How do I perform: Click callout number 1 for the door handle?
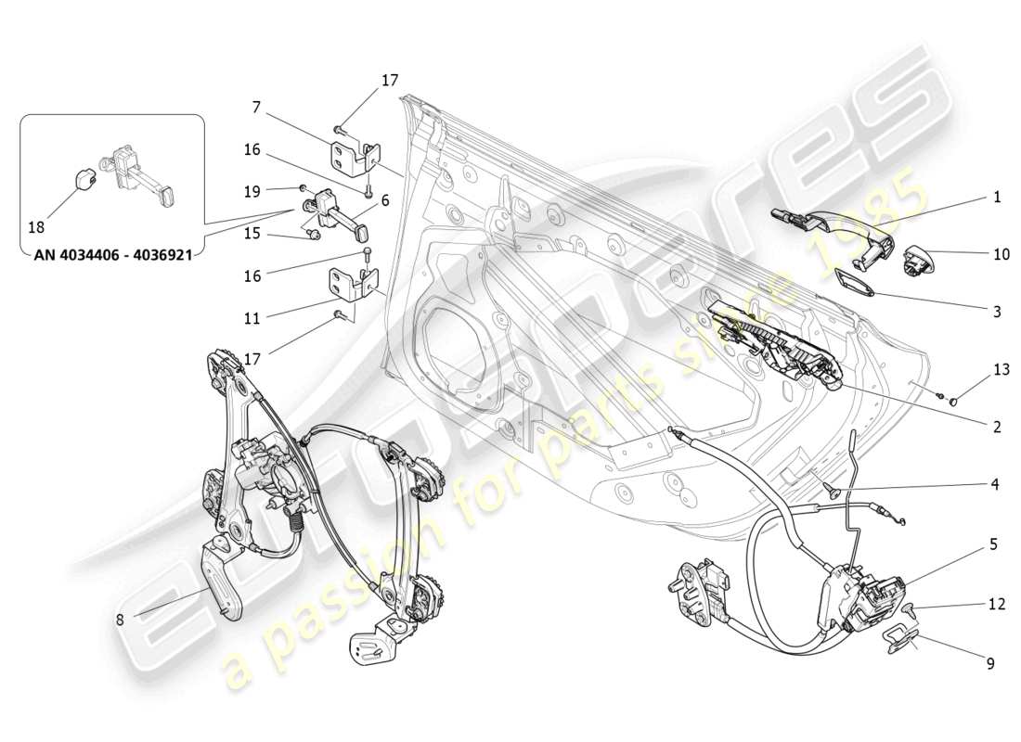[997, 197]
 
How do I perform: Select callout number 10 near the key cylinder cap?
[1001, 253]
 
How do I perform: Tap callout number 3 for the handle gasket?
[997, 313]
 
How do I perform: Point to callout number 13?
[1001, 369]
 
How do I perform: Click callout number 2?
[997, 428]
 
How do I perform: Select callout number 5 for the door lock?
[993, 545]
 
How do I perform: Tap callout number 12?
[996, 604]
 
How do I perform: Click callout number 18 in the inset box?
[36, 227]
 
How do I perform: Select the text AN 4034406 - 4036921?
[112, 255]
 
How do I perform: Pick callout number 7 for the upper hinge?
[257, 109]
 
